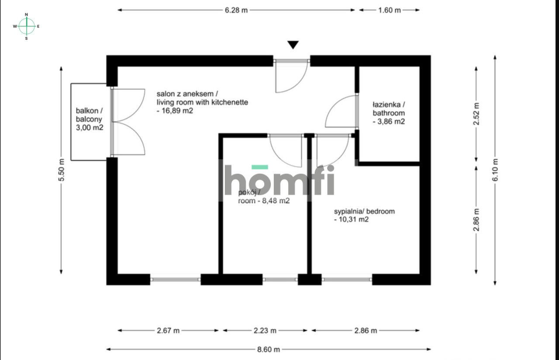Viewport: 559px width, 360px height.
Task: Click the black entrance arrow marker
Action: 293,45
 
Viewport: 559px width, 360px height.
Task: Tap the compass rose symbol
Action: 27,26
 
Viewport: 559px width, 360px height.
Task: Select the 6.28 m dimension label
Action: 236,10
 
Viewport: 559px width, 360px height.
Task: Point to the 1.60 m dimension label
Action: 389,10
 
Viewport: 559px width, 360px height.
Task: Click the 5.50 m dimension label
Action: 61,170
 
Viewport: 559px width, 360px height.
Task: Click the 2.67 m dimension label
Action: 168,330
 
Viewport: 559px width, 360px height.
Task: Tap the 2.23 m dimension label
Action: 265,330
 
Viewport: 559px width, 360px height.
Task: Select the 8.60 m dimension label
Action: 269,349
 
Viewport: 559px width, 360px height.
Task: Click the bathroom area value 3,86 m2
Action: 389,122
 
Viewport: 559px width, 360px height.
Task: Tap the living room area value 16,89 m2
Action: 175,111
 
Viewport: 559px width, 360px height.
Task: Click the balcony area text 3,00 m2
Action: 89,127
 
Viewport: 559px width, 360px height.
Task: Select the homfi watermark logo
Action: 279,180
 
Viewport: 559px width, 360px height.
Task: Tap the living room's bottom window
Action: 175,279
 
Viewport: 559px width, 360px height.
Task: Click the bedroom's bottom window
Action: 347,279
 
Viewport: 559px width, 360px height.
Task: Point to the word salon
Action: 166,94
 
